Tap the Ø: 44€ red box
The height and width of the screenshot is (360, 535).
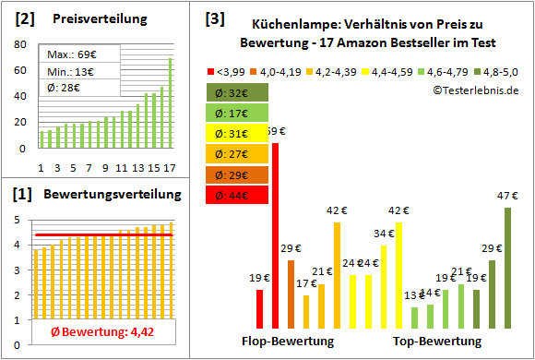[x=238, y=195]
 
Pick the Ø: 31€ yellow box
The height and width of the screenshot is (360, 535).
[x=238, y=133]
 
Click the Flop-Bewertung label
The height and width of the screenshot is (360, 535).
[x=288, y=341]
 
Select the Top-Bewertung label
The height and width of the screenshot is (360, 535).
[x=437, y=341]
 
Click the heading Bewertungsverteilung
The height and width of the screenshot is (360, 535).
[x=97, y=195]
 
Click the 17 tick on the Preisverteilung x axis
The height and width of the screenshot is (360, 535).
[x=169, y=167]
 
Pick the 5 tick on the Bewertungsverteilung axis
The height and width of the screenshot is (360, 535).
[x=21, y=220]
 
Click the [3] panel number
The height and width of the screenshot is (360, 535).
[x=214, y=18]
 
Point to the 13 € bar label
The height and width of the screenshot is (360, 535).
[x=414, y=296]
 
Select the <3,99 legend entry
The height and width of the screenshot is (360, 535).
[x=228, y=69]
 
